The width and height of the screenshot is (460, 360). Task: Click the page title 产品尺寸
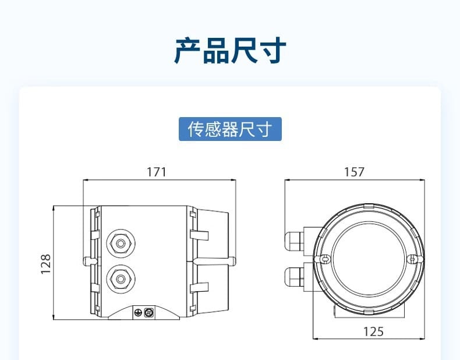(x=230, y=51)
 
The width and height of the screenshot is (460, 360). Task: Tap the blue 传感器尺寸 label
(x=231, y=129)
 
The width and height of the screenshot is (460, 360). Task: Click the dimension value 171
(x=157, y=172)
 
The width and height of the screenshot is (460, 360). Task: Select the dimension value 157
(x=354, y=172)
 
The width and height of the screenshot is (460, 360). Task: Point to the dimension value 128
(x=46, y=264)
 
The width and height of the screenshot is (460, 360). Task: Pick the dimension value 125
(x=373, y=332)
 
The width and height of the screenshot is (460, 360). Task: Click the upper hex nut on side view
(x=121, y=243)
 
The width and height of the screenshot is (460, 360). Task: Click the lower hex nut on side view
(x=121, y=279)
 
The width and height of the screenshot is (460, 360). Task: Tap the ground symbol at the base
(x=138, y=313)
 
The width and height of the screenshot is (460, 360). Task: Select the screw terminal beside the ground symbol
(x=148, y=312)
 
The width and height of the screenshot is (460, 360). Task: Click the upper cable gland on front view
(x=294, y=241)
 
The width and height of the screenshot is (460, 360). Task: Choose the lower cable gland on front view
(x=294, y=277)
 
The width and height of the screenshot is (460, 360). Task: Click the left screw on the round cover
(x=324, y=259)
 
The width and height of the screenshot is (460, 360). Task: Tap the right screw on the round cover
(x=412, y=259)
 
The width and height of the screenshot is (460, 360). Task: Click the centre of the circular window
(x=369, y=259)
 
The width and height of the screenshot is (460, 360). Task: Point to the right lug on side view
(x=231, y=261)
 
